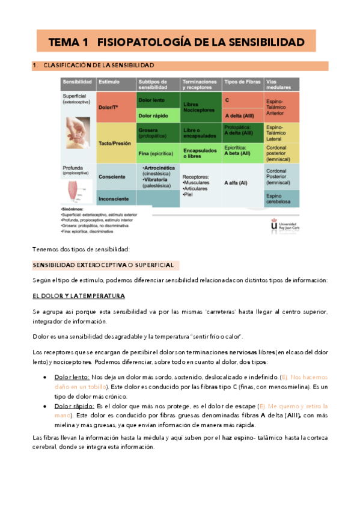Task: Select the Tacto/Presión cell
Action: (115, 143)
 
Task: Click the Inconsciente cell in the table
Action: (115, 199)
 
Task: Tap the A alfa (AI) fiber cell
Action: (236, 183)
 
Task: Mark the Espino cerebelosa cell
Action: (281, 199)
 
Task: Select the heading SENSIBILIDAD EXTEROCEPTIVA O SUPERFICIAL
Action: (102, 265)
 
